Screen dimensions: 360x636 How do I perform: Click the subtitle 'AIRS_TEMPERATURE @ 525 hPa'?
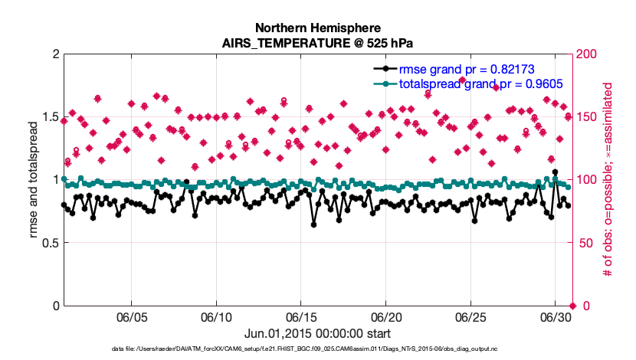(317, 43)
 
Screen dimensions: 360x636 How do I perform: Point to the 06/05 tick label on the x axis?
(132, 316)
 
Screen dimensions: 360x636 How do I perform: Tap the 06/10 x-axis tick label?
(217, 316)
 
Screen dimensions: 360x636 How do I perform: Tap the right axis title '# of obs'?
(610, 179)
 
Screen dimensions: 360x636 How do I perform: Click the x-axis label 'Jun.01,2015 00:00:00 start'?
(317, 333)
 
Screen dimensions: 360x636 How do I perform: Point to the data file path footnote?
(317, 350)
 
